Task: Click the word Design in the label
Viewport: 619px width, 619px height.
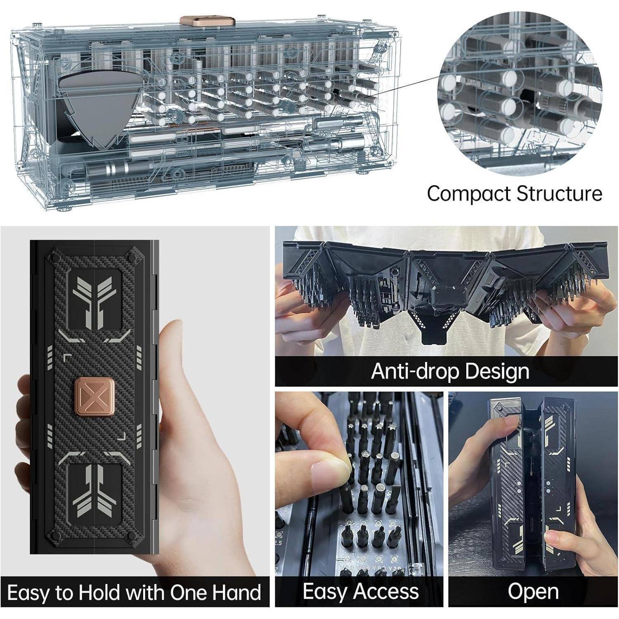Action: point(496,372)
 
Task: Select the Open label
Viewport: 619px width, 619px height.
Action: point(533,592)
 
